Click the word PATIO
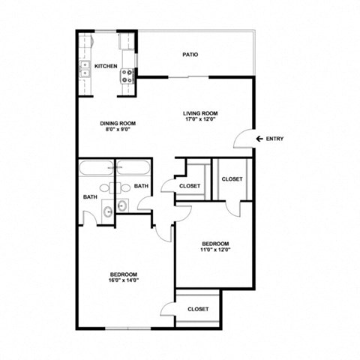190,55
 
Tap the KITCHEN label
105,67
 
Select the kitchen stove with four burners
127,75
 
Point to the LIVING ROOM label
199,113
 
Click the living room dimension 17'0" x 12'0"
199,121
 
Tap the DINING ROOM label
118,123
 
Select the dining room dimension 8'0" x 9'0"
118,130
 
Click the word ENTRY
275,139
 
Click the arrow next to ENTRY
259,139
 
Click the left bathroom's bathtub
95,168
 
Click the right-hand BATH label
141,187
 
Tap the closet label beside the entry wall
232,179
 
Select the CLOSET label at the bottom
198,309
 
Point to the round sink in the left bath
107,210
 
